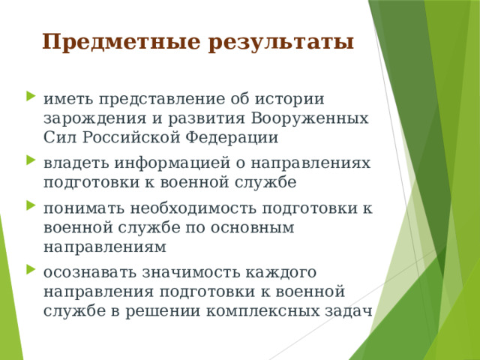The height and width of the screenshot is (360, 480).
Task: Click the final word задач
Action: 352,310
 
